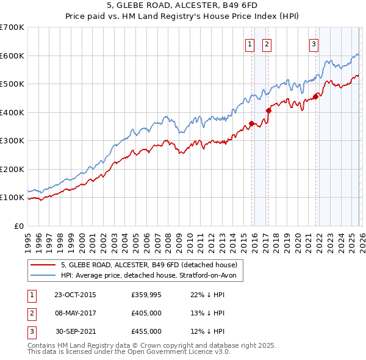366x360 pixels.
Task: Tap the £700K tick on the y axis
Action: [x=12, y=27]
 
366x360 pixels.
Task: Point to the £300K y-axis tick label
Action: [x=12, y=141]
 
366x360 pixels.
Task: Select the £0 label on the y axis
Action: [x=18, y=226]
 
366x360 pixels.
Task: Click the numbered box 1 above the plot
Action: [x=250, y=43]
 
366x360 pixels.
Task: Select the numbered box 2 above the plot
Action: [x=267, y=43]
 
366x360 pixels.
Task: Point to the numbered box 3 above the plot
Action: [x=314, y=43]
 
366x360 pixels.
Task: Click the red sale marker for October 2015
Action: [x=251, y=124]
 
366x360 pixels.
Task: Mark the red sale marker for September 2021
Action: [x=315, y=96]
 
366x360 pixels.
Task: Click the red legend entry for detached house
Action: [x=152, y=265]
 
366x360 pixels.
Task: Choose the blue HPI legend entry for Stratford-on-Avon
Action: [x=152, y=275]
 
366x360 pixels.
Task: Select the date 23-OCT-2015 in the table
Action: [x=75, y=295]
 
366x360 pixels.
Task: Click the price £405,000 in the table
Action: [x=146, y=313]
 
